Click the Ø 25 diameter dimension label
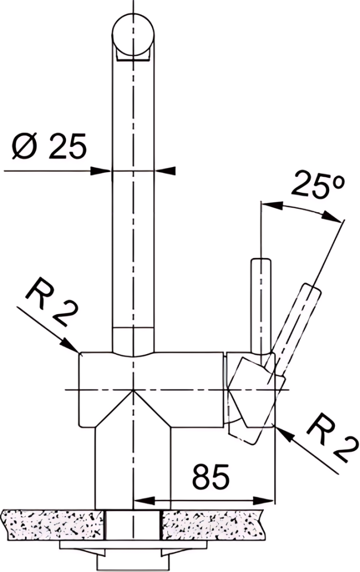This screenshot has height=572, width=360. tap(50, 145)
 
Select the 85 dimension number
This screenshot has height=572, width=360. tap(211, 476)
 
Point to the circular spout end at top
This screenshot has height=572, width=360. tap(133, 34)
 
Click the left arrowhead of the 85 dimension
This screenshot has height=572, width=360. tap(144, 499)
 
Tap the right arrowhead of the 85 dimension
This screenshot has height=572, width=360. tap(264, 499)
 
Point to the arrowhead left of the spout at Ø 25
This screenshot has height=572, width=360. tap(100, 170)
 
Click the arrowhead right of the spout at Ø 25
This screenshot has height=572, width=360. tap(165, 170)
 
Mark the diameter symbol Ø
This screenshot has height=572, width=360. tap(25, 145)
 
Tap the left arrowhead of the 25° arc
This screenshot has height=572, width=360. tap(272, 206)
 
